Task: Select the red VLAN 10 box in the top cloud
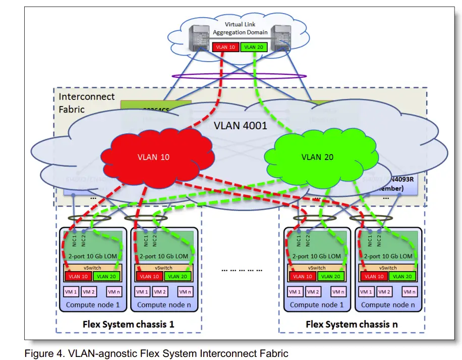[225, 47]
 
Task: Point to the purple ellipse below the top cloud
[239, 76]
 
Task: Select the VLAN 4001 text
[240, 125]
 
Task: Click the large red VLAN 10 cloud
[153, 157]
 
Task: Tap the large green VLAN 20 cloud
[318, 157]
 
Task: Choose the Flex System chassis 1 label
[128, 324]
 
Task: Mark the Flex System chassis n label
[352, 324]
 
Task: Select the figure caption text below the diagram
[156, 353]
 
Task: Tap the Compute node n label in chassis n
[388, 304]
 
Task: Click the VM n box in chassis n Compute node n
[410, 292]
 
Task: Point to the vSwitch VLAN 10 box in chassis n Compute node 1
[302, 276]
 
